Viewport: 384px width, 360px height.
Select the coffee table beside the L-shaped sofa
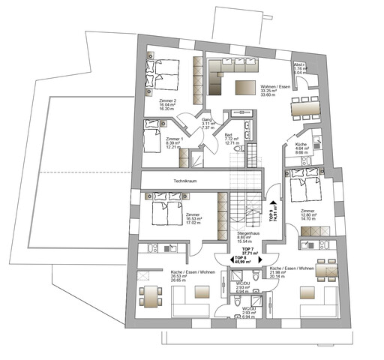[244, 87]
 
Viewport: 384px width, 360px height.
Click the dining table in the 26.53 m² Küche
[152, 298]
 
